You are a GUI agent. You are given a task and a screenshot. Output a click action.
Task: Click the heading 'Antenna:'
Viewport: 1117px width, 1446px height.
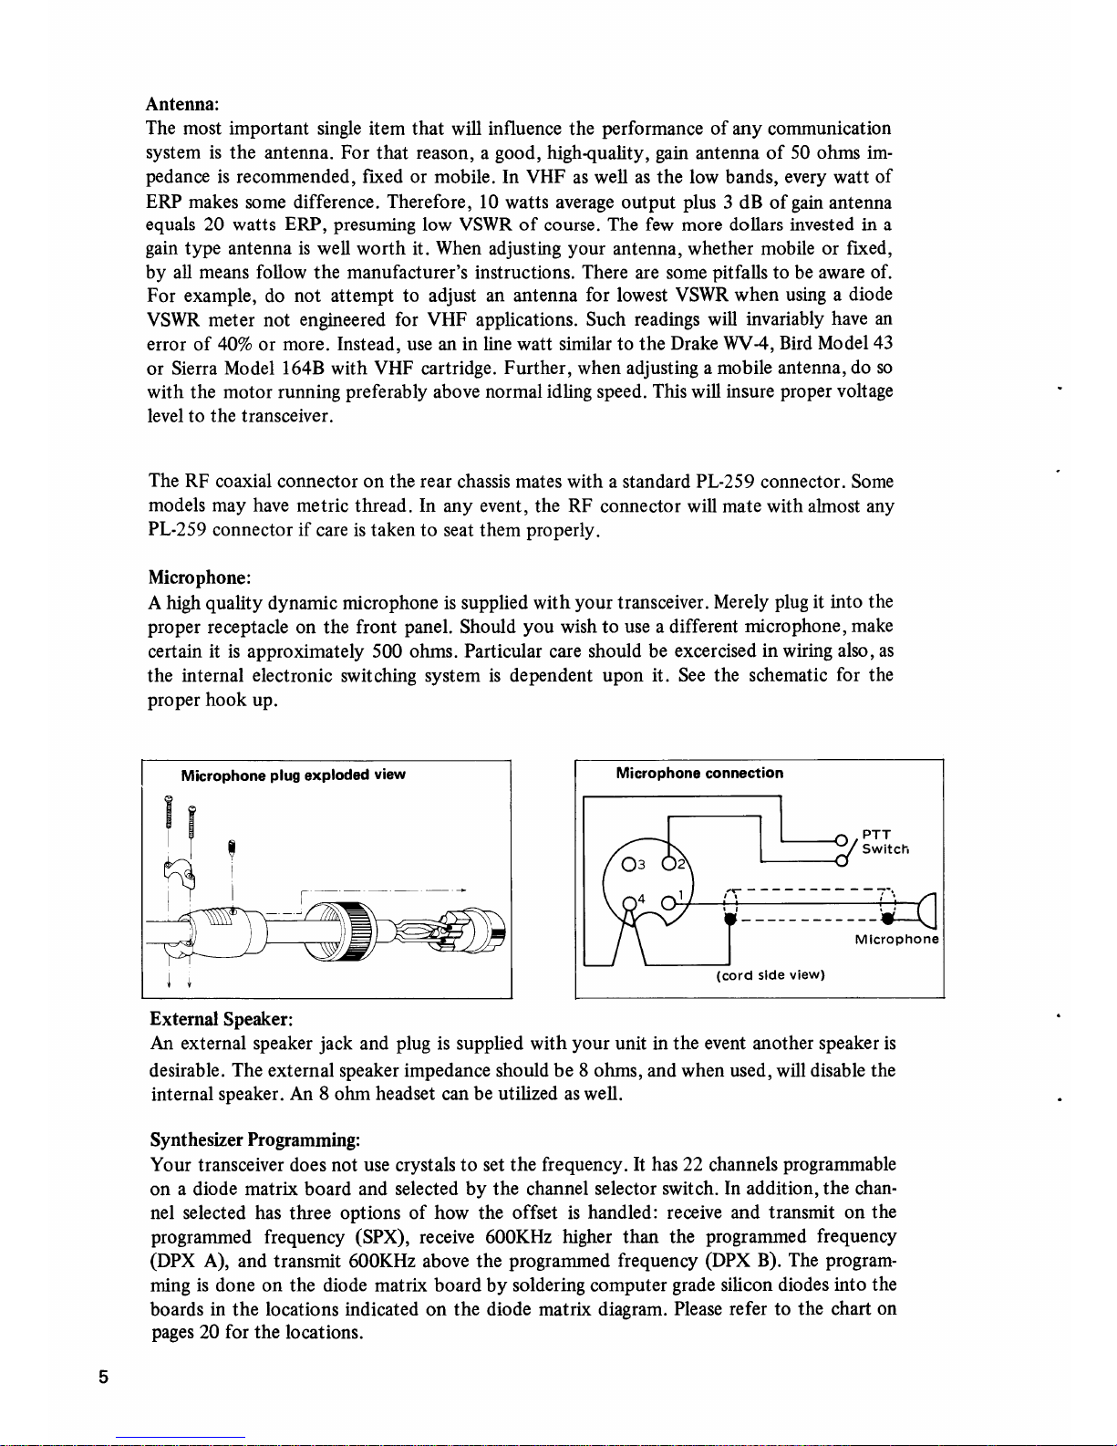181,104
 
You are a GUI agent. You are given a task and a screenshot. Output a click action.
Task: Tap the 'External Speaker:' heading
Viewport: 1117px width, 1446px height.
220,1018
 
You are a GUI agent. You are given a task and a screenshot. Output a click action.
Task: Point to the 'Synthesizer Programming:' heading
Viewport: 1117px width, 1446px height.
255,1140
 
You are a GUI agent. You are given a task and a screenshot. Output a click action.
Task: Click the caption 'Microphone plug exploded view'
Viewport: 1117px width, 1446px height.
293,775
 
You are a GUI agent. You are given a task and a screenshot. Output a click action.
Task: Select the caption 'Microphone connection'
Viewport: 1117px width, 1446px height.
699,774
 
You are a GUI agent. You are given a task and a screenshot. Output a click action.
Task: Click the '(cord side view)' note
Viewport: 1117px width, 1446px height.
771,975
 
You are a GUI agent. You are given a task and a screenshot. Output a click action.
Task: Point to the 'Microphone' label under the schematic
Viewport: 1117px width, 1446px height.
895,940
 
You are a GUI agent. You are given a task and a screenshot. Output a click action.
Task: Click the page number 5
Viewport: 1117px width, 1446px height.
106,1378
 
